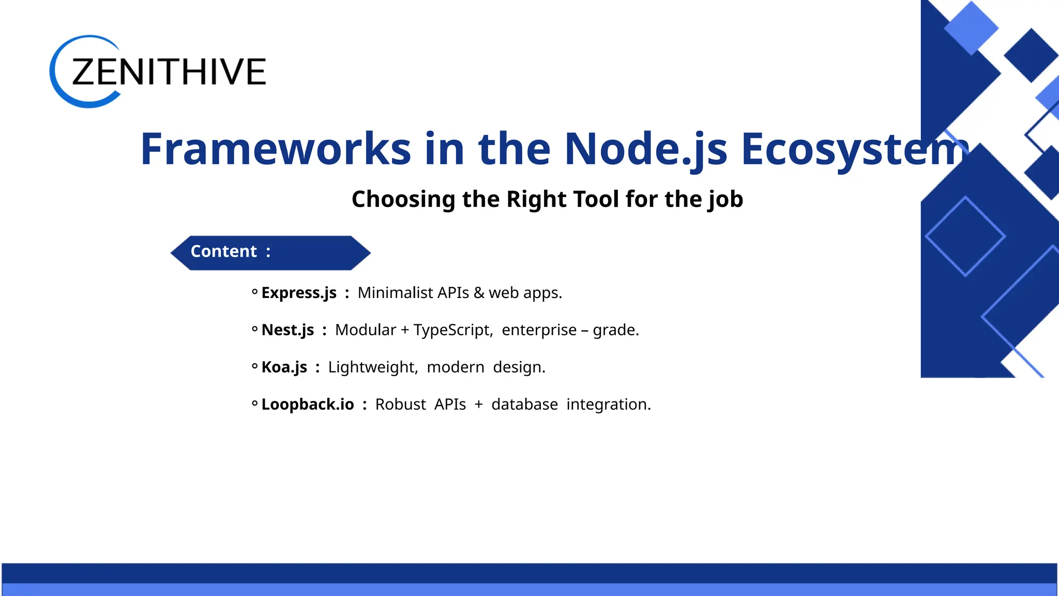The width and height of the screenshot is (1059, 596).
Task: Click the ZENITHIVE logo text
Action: (x=169, y=72)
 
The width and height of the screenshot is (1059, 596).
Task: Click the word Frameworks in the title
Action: (x=275, y=149)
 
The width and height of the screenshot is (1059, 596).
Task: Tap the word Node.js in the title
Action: (x=645, y=149)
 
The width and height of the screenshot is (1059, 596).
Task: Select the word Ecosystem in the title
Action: (x=853, y=149)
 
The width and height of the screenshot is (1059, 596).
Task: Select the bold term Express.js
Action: (x=299, y=293)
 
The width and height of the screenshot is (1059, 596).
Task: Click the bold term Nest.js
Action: (x=288, y=330)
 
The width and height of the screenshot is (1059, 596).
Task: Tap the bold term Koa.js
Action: (x=284, y=367)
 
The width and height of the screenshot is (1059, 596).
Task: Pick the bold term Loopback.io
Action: (x=308, y=405)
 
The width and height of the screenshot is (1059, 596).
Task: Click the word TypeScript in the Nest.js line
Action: (x=452, y=330)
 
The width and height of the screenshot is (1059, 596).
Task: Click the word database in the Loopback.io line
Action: (x=524, y=405)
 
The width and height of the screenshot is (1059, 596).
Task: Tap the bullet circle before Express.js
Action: (x=254, y=292)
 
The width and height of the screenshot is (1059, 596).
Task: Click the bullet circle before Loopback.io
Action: (x=254, y=404)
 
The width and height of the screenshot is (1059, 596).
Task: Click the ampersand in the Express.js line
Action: (x=479, y=293)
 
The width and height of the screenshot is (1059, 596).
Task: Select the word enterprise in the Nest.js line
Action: (x=539, y=330)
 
